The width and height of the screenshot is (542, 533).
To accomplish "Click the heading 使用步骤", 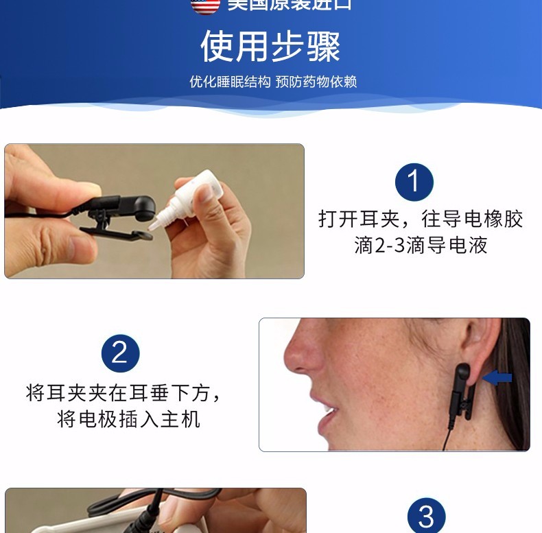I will point(270,46).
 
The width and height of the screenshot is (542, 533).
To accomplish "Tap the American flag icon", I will point(205,5).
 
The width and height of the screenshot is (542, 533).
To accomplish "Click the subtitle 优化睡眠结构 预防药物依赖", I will point(273,82).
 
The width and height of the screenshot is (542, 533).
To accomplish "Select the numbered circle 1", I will point(414,182).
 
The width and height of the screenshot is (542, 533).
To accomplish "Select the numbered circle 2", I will point(120,353).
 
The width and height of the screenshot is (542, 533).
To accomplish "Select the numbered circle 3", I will point(426,516).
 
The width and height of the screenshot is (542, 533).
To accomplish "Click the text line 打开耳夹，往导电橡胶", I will point(421,219).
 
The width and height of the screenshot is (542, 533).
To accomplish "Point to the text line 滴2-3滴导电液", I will point(421,246).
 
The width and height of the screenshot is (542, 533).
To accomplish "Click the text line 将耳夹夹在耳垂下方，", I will point(124,393).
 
